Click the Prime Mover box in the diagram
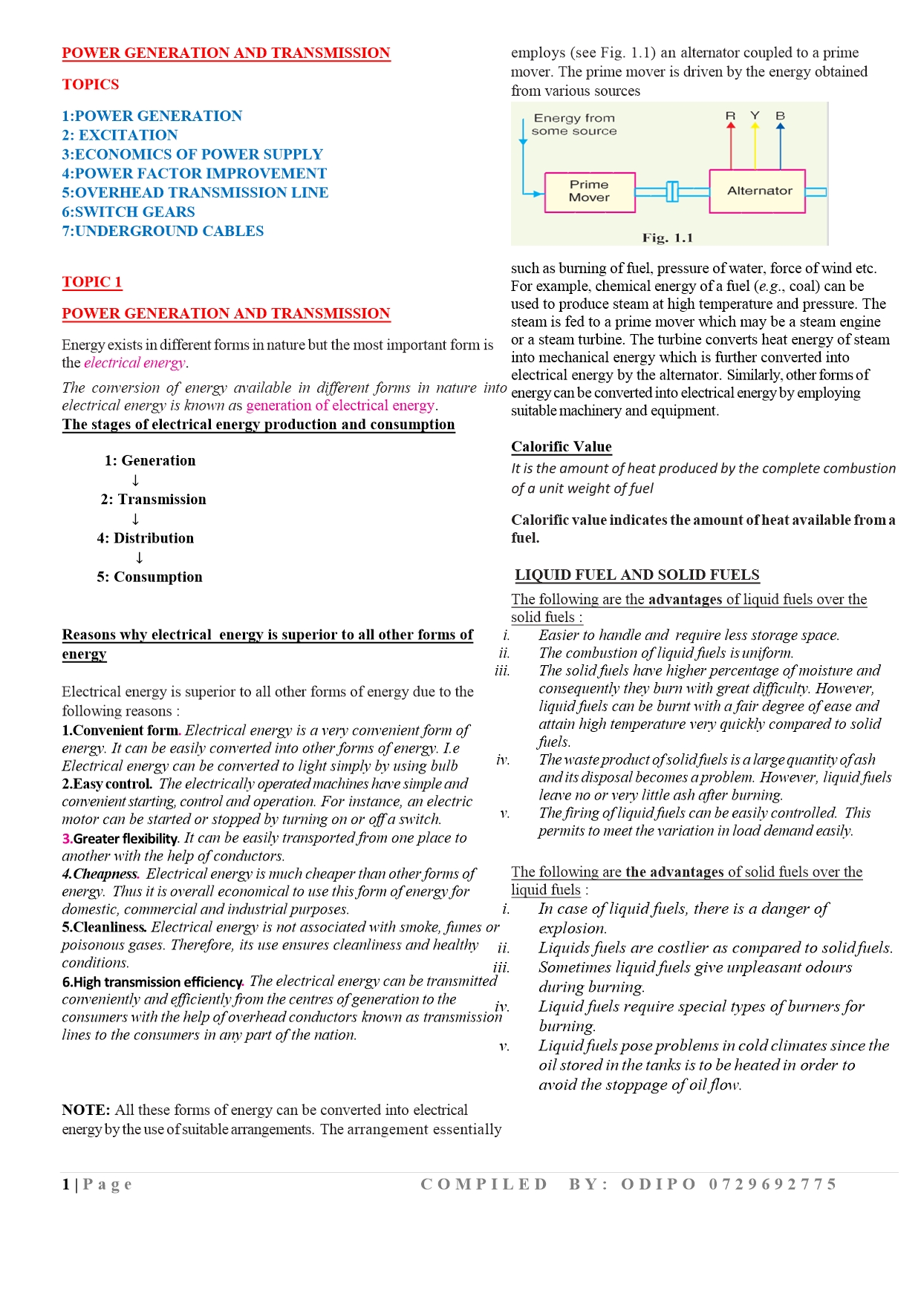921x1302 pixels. click(590, 192)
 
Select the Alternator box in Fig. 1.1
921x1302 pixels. click(758, 191)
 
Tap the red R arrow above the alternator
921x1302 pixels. click(731, 145)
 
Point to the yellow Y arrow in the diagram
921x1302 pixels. click(755, 145)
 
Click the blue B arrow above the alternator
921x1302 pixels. click(780, 145)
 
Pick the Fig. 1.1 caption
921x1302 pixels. click(667, 238)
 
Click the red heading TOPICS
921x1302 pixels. click(91, 85)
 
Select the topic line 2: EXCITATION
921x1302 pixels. click(120, 135)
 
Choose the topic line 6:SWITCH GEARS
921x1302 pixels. click(128, 212)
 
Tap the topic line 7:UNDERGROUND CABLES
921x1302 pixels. click(163, 231)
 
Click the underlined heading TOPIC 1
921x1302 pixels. click(92, 282)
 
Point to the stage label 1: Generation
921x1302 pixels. click(150, 461)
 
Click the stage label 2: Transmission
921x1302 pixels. click(154, 500)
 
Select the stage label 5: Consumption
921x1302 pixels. click(149, 577)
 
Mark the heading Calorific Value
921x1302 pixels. click(562, 447)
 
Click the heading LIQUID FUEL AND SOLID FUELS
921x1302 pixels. click(637, 575)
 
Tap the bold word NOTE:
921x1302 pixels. click(86, 1110)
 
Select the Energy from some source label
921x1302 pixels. click(574, 124)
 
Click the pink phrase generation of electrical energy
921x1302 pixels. click(341, 405)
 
